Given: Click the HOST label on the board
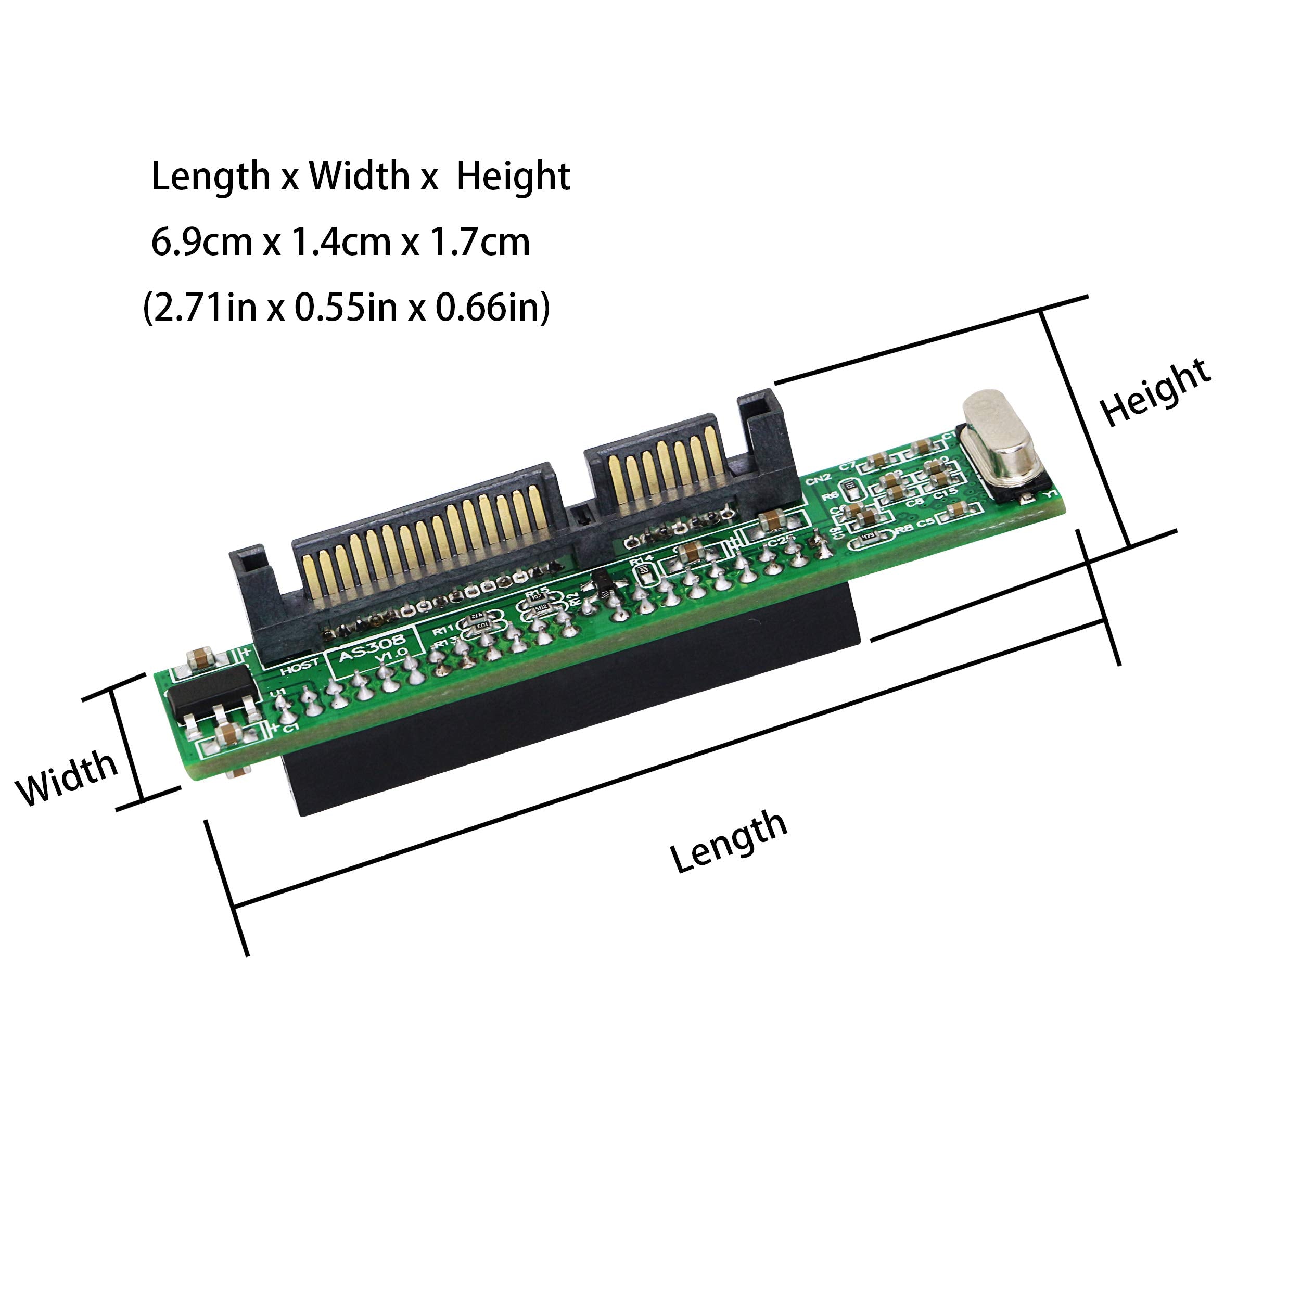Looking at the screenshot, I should pos(299,667).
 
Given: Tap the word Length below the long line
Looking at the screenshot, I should pos(729,841).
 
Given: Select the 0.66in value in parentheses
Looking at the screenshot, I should pos(492,308).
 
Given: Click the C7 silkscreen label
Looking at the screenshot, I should pos(847,466).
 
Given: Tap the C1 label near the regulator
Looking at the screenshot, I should pos(290,729).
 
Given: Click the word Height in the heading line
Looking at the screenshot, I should pos(513,176).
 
